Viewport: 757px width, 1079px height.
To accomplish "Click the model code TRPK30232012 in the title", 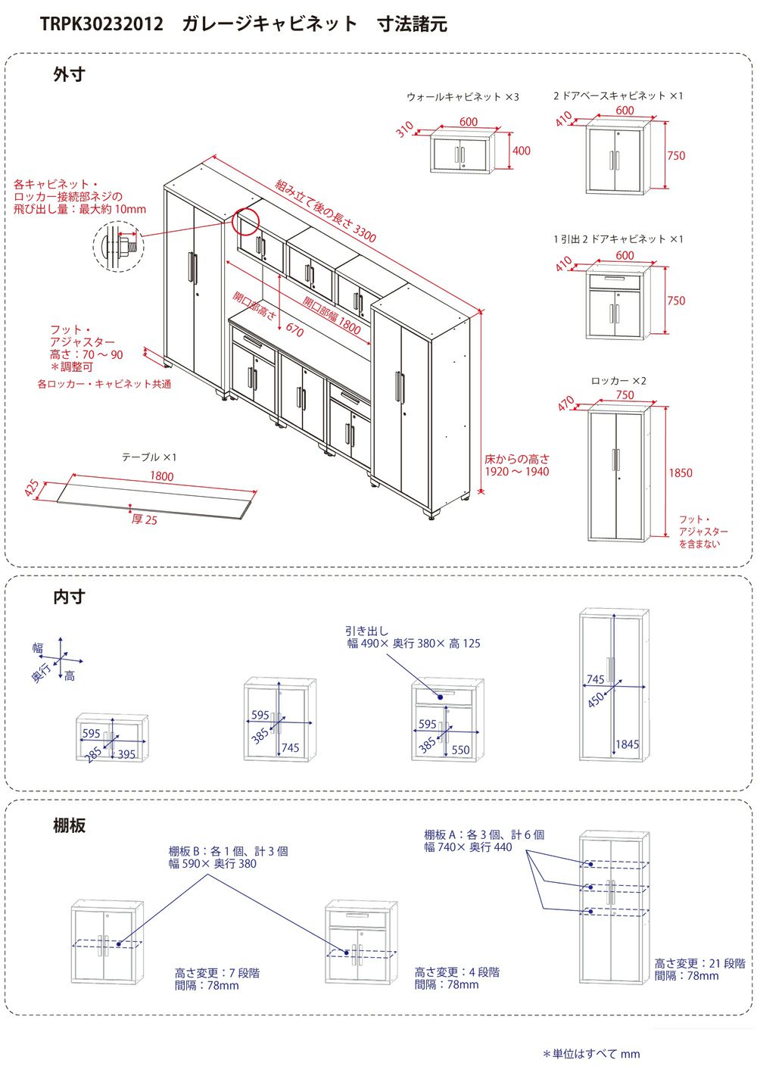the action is tap(101, 23).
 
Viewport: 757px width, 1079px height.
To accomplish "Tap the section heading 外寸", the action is tap(70, 75).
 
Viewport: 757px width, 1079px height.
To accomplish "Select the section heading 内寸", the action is tap(70, 597).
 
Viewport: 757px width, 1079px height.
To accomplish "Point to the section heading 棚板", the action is tap(70, 825).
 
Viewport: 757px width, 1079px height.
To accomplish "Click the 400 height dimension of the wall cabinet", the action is tap(521, 151).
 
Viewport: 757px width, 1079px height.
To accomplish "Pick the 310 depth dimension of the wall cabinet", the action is tap(405, 129).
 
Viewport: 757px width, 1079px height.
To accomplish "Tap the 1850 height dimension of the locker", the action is tap(680, 473).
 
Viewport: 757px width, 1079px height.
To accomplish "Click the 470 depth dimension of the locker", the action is tap(565, 403).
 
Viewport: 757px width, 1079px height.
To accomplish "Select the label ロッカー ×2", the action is tap(618, 381).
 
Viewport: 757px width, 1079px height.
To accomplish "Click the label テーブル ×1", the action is tap(149, 457).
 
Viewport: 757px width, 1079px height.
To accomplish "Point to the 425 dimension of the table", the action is tap(32, 488).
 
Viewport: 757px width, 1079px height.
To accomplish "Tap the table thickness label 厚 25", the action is tap(145, 519).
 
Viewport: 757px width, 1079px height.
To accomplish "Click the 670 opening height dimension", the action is tap(294, 330).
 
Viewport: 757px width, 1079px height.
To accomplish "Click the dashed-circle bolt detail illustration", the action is tap(118, 247).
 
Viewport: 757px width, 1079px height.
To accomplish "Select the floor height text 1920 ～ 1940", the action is tap(517, 472).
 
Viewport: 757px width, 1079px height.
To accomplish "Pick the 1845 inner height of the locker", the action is tap(627, 744).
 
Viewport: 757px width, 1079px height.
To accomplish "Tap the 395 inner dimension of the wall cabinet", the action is tap(126, 754).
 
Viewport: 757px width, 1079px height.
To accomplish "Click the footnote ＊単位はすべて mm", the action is tap(591, 1054).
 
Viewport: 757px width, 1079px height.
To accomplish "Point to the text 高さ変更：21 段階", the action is tap(699, 963).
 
